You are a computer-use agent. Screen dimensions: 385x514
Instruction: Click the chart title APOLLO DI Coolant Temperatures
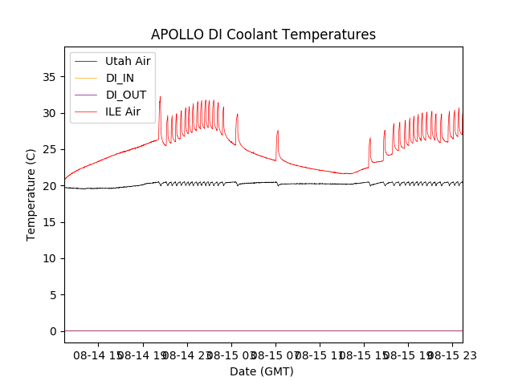(x=263, y=34)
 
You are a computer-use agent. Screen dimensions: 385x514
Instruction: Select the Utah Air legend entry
(x=128, y=61)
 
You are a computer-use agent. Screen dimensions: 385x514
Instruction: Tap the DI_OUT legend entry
(x=126, y=95)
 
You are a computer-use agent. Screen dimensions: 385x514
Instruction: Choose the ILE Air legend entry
(x=123, y=111)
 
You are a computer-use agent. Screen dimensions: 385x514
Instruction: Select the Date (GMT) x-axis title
(x=262, y=371)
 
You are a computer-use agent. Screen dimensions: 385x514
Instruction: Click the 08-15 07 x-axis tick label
(x=275, y=355)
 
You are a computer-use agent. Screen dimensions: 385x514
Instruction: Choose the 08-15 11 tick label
(x=320, y=355)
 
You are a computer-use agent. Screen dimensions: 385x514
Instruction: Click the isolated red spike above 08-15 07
(x=278, y=132)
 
